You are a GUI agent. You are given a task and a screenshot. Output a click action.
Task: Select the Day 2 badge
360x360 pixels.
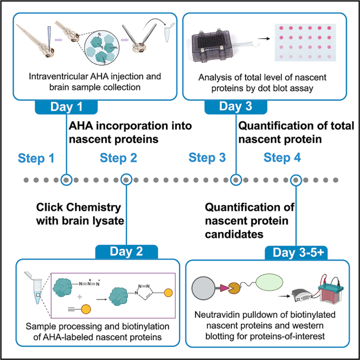click(126, 252)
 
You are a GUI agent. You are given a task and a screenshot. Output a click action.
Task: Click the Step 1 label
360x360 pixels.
click(36, 158)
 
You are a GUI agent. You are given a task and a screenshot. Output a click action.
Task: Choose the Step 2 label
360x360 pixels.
click(119, 158)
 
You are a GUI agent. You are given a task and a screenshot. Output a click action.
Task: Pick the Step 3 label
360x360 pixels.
click(207, 158)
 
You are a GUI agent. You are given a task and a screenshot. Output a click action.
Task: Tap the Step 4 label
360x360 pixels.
click(282, 158)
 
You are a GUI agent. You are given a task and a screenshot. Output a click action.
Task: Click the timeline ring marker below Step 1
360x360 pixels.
click(66, 179)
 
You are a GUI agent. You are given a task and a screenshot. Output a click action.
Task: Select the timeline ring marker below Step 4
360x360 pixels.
click(296, 179)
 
